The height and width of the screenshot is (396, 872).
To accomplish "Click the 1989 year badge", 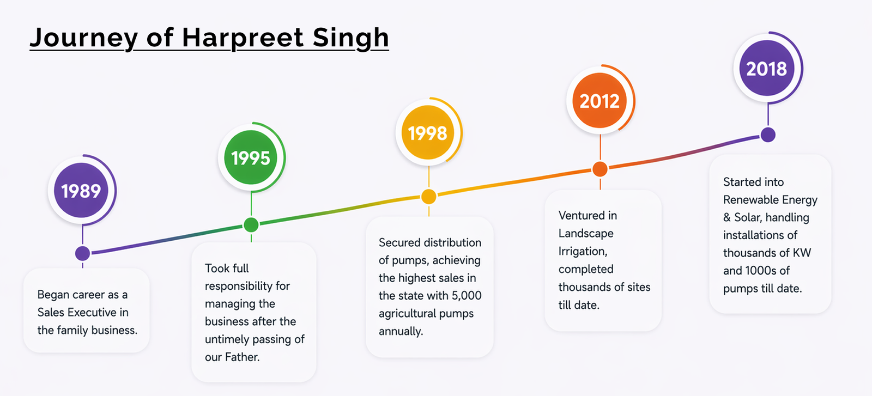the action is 81,190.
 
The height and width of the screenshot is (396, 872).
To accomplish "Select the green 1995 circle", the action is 251,157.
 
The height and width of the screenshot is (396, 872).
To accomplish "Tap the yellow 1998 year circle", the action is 428,133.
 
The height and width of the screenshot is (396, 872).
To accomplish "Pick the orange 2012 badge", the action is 599,100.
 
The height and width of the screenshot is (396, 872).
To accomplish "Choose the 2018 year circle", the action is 766,68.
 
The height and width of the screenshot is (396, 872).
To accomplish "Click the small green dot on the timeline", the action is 251,225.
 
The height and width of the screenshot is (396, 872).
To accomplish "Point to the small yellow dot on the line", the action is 428,197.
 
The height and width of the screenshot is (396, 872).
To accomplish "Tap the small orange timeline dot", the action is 600,169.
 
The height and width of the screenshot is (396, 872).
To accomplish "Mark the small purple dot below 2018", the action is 768,135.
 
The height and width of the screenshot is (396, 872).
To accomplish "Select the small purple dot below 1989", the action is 82,253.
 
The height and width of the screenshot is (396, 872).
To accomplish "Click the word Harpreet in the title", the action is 243,38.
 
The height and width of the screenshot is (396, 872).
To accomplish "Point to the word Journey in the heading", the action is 84,38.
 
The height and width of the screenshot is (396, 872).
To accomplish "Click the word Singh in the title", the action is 350,38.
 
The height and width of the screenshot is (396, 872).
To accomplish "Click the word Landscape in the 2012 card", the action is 586,233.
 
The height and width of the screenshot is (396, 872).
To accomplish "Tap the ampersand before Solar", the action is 727,217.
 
